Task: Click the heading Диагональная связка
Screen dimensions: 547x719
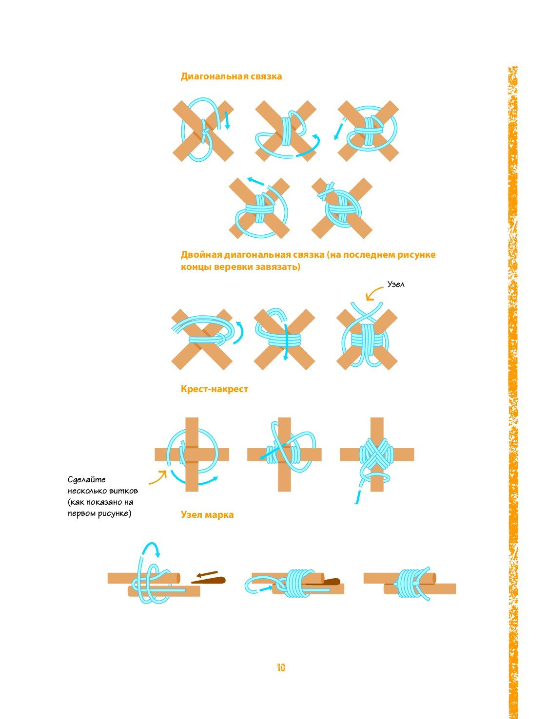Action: [x=231, y=76]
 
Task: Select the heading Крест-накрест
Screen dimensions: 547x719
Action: [x=215, y=389]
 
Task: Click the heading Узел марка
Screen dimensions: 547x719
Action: [x=207, y=514]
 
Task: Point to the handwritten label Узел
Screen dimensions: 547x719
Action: [x=395, y=284]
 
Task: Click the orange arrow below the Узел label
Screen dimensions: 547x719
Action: [x=373, y=293]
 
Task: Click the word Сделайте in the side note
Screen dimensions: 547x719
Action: [x=86, y=480]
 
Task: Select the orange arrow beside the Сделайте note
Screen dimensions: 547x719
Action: [x=158, y=477]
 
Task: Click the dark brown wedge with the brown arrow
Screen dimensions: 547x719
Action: [x=209, y=581]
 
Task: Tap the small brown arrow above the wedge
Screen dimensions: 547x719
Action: [x=207, y=574]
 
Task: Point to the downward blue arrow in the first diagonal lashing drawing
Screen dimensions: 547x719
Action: [x=227, y=120]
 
